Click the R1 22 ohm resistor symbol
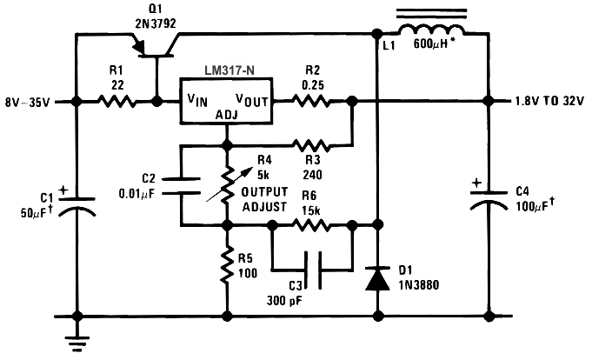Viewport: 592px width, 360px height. click(116, 101)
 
